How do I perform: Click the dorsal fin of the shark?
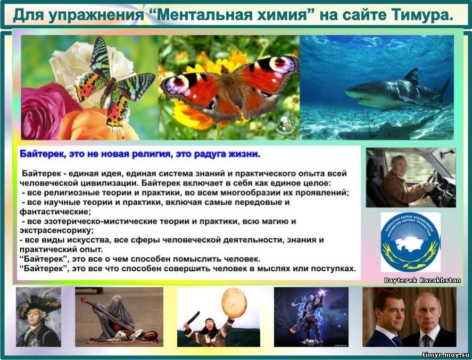pos(412,77)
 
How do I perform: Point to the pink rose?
pos(45,111)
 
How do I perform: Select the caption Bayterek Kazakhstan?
pos(423,280)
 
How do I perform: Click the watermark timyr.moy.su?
pos(445,355)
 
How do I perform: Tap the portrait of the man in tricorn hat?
pos(38,317)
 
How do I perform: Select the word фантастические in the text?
pos(55,212)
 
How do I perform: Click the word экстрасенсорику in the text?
pos(56,231)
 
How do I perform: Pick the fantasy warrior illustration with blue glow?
pos(311,317)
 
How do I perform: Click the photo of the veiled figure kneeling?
pos(119,317)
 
